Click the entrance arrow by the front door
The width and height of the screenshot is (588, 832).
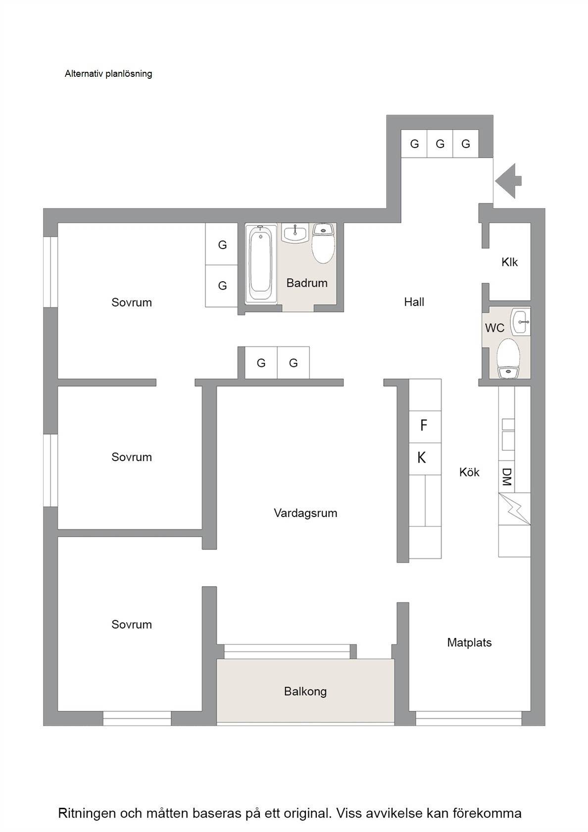point(508,181)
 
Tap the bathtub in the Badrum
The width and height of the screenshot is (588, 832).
point(260,263)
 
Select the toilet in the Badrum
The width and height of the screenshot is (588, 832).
point(323,243)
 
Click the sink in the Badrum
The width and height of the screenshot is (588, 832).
point(295,233)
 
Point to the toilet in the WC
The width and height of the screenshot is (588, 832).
point(508,358)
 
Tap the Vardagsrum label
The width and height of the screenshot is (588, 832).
point(305,513)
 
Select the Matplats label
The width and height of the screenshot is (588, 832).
point(469,643)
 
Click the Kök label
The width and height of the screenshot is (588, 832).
point(469,472)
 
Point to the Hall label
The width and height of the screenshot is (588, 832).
point(414,302)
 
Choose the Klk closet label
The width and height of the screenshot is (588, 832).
point(509,262)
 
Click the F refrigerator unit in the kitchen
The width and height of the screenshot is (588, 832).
point(425,427)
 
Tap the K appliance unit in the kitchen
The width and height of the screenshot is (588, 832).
point(425,459)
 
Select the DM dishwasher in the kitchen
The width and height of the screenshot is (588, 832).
point(506,476)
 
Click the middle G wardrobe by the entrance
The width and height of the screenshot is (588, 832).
point(440,144)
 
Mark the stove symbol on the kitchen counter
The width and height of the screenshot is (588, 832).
point(515,509)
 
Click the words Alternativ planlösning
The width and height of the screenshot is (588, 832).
point(108,74)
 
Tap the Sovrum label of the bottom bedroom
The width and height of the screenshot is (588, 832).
point(132,624)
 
